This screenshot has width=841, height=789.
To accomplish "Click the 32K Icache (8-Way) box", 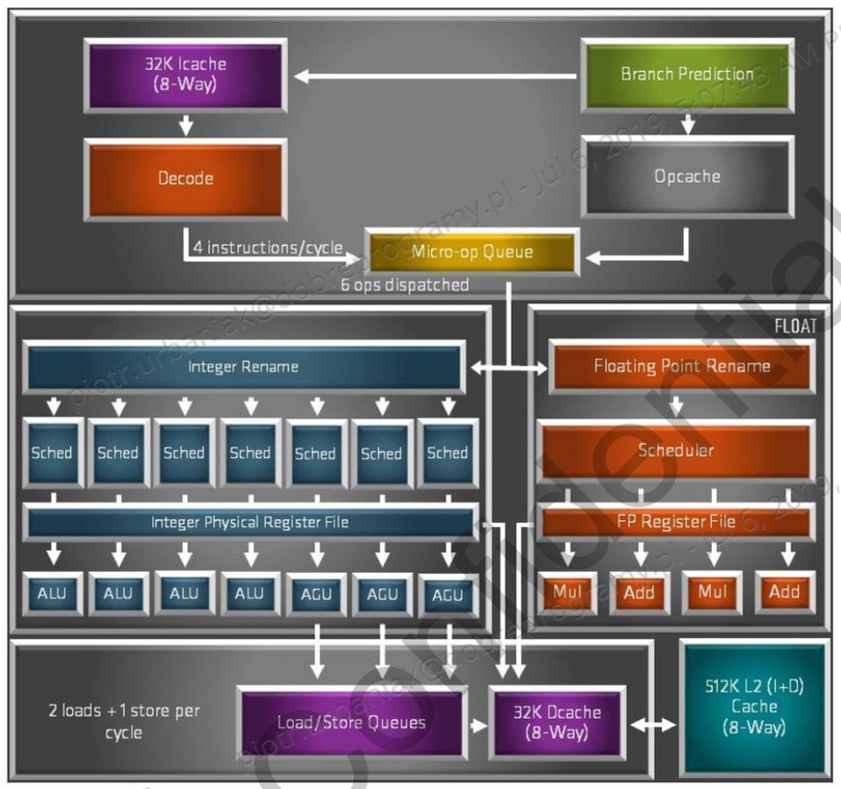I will click(185, 75).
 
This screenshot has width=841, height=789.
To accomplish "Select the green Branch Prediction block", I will click(687, 75).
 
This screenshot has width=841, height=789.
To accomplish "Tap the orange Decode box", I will click(185, 178).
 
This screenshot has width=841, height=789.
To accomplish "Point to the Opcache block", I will click(687, 177).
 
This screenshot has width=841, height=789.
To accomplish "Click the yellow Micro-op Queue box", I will click(472, 252).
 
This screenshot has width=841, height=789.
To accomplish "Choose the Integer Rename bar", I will click(243, 366).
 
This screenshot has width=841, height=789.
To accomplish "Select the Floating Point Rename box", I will click(681, 366).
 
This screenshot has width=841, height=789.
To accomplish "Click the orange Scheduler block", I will click(676, 451).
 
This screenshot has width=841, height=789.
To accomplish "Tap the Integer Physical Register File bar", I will click(249, 522).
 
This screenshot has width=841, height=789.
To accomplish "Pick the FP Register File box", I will click(675, 522).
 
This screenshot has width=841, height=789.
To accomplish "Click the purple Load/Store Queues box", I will click(351, 723).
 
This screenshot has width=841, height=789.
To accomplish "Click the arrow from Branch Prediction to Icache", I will click(435, 76).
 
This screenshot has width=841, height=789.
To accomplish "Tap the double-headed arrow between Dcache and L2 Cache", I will click(652, 725).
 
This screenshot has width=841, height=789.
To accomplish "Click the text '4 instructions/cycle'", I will click(268, 248).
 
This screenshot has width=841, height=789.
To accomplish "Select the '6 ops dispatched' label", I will click(405, 285).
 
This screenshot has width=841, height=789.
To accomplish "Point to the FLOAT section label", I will click(795, 326).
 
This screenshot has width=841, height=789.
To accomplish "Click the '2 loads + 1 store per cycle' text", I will click(124, 721).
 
